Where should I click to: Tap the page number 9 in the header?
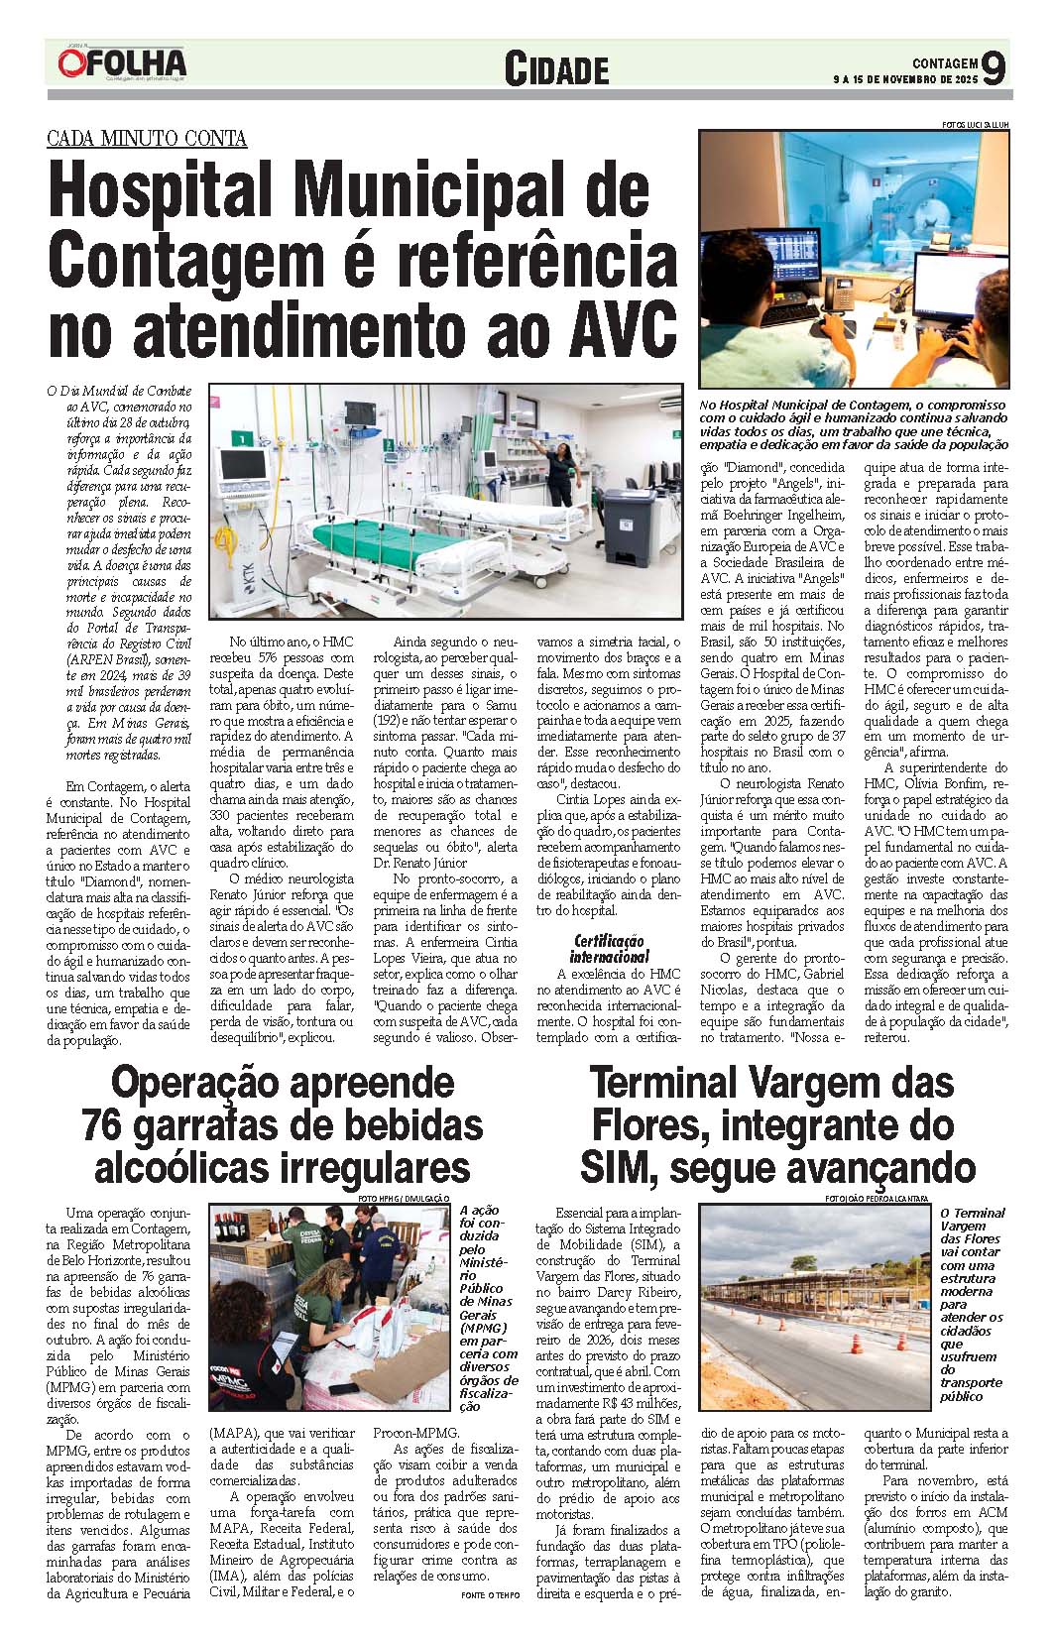click(994, 67)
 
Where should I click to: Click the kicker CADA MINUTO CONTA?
click(147, 139)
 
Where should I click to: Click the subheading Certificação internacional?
click(609, 948)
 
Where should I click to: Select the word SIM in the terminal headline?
click(618, 1166)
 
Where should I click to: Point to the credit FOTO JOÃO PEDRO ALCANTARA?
click(876, 1198)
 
